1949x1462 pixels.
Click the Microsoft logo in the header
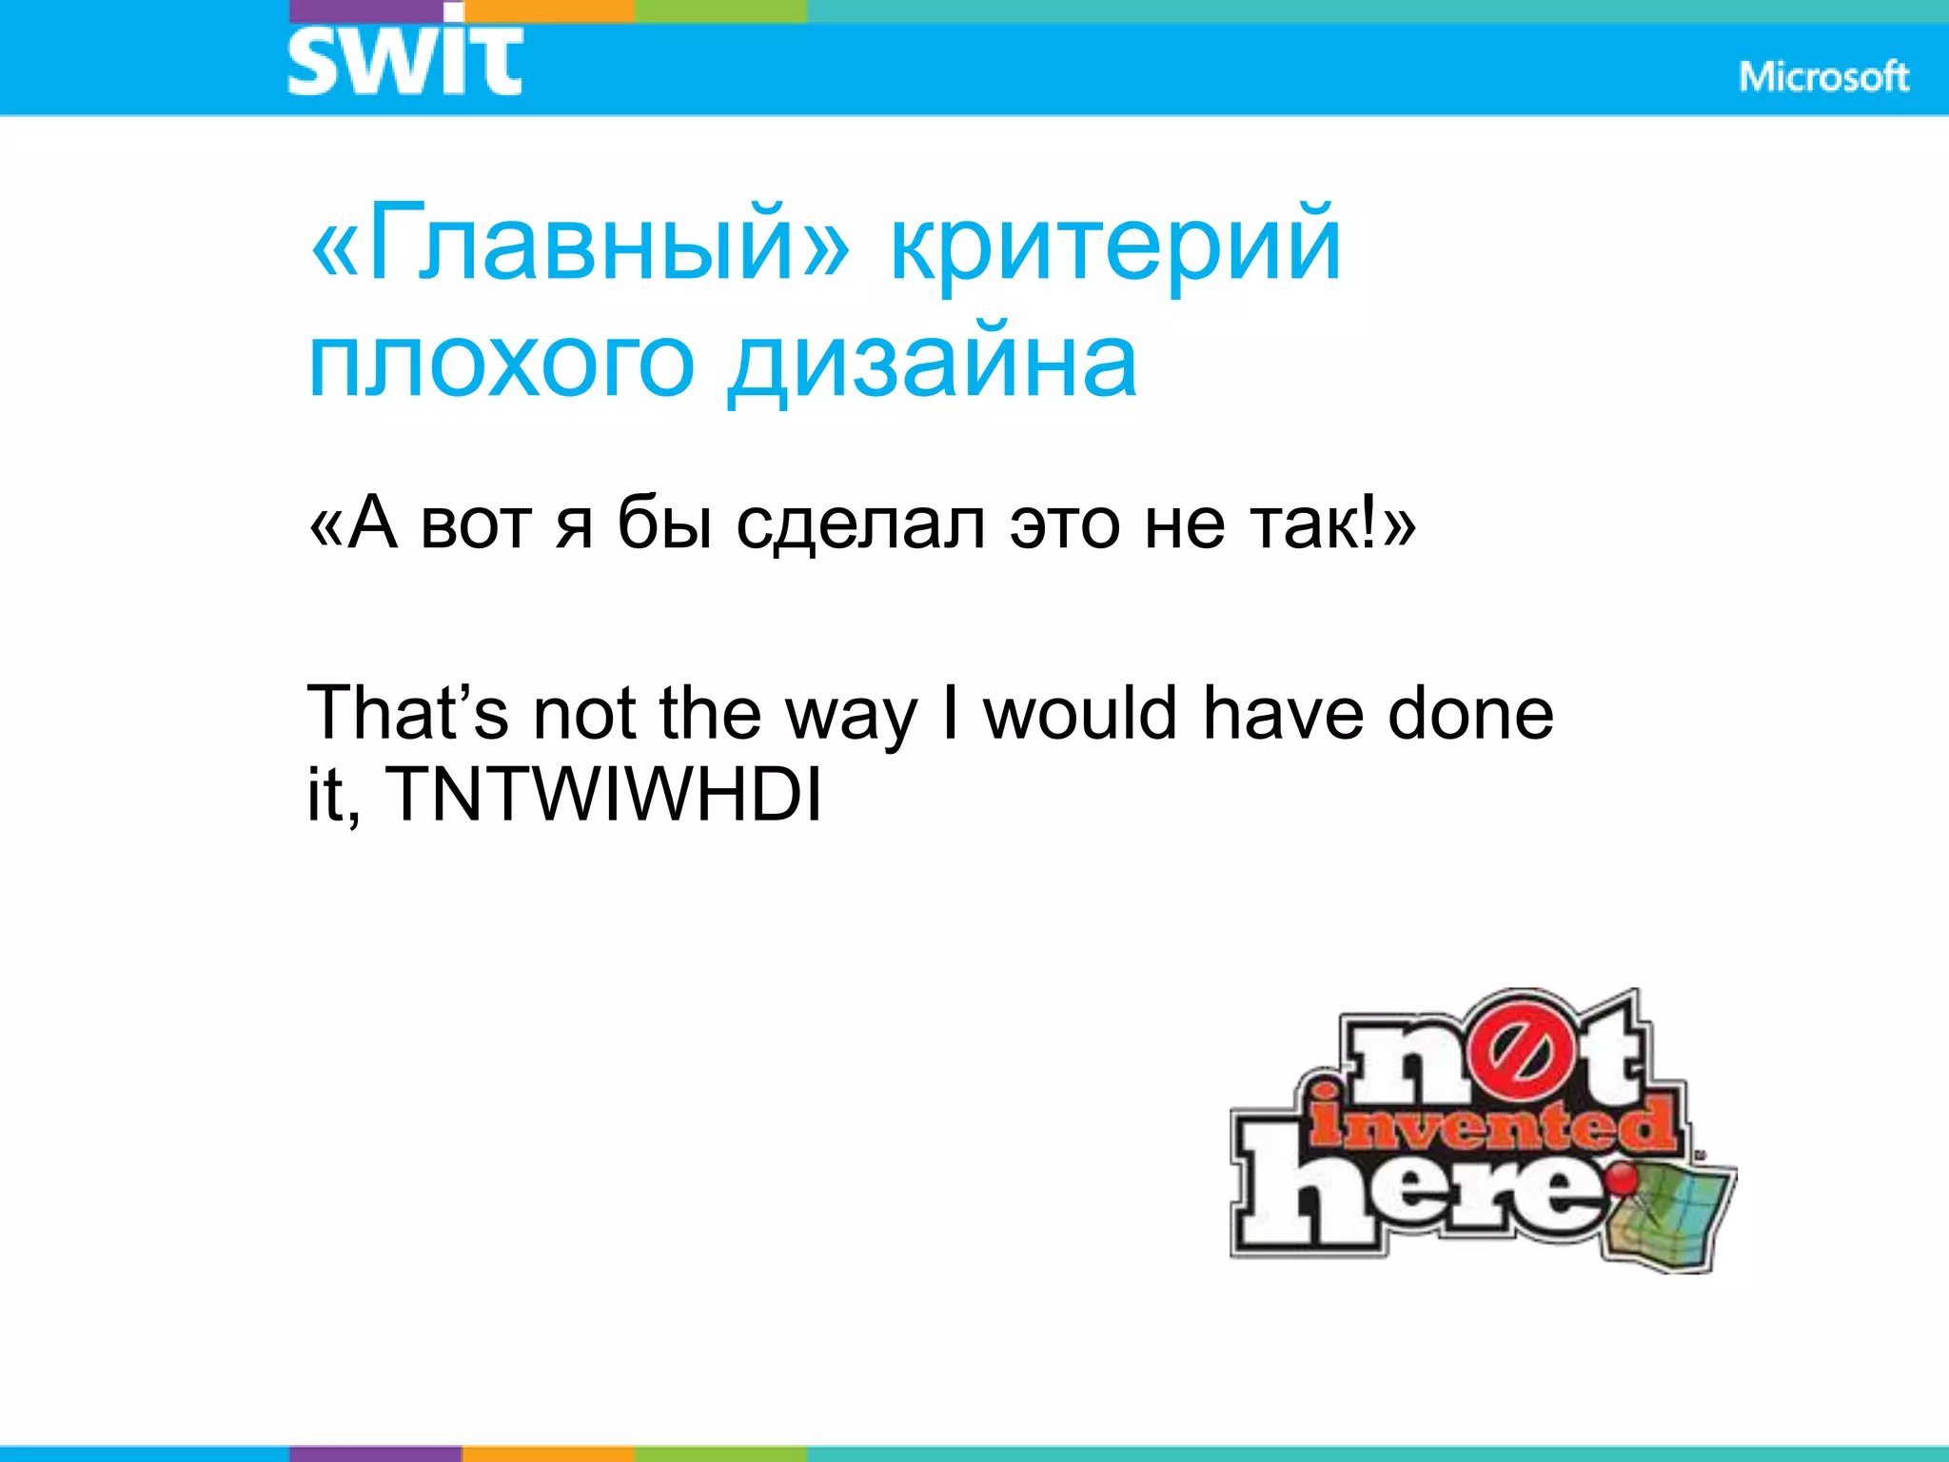tap(1823, 76)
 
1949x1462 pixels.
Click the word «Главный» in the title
tap(580, 244)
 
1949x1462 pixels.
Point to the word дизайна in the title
tap(932, 365)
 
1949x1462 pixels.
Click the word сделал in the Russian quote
tap(860, 524)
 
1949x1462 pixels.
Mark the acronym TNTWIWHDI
tap(603, 794)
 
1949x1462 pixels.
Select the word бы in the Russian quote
tap(664, 524)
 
